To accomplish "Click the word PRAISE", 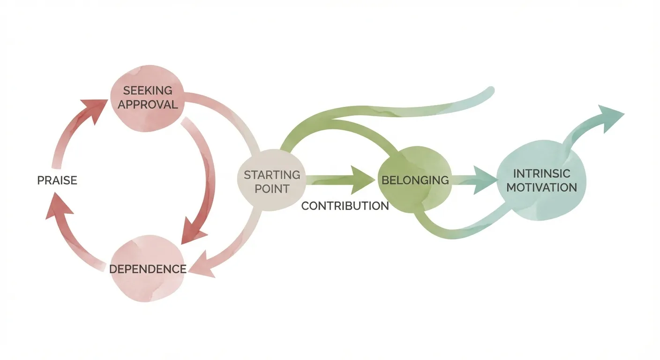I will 57,180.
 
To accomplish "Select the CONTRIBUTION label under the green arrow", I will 345,206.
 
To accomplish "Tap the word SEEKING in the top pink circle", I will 148,90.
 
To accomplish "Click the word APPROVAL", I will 148,104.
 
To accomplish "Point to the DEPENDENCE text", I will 148,269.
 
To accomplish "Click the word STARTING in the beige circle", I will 272,175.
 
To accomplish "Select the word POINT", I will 272,189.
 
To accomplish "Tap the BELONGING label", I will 415,180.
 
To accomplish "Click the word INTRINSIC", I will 541,173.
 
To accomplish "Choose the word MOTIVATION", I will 541,187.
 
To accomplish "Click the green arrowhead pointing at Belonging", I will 365,180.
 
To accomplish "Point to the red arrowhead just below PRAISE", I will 57,209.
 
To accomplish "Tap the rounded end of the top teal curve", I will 489,91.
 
